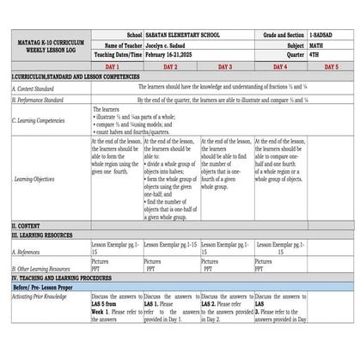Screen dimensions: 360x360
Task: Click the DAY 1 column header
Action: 113,66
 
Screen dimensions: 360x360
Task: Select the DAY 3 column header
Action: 225,66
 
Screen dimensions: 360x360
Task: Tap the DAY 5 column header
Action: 331,66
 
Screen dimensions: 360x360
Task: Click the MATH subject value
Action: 320,44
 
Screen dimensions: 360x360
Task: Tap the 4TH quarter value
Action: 317,53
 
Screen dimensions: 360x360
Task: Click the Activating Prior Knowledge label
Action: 41,295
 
